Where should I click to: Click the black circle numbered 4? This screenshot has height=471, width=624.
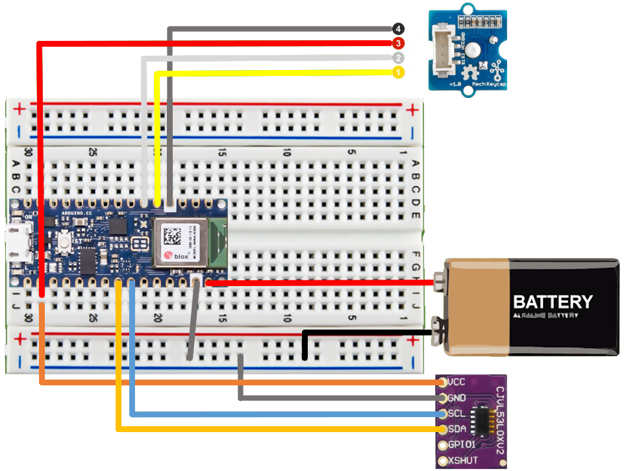point(398,29)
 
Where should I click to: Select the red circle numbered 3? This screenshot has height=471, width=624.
point(398,43)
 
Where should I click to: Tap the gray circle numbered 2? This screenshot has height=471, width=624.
point(398,58)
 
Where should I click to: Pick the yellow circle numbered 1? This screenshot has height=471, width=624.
point(398,73)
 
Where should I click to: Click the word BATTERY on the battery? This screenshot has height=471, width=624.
point(553,302)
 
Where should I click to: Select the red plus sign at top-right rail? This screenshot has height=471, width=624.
point(410,110)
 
